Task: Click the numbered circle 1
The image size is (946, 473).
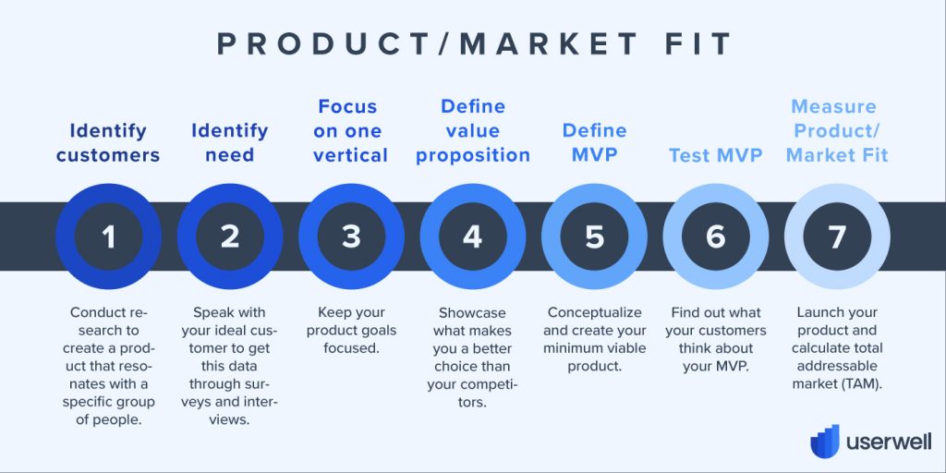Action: [x=109, y=236]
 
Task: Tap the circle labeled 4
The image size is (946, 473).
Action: [x=473, y=236]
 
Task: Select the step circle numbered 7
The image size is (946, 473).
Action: [x=837, y=236]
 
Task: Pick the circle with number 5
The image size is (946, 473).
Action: [x=594, y=236]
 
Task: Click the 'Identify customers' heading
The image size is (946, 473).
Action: [x=109, y=143]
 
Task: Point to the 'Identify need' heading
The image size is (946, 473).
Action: [x=230, y=143]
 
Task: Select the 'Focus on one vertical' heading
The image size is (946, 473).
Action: [x=350, y=131]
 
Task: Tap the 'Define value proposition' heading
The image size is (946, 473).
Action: [x=473, y=131]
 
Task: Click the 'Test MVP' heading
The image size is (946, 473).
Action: [x=716, y=155]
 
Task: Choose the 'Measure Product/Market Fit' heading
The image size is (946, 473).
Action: [x=837, y=131]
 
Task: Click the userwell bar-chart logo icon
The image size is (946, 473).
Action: [x=825, y=442]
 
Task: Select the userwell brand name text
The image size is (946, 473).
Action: [x=889, y=443]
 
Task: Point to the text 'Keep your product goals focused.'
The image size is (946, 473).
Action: [x=350, y=330]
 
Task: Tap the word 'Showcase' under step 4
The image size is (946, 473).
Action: [x=472, y=312]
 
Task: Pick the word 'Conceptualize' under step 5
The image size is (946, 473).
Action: [x=594, y=312]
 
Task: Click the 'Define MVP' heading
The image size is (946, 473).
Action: [x=594, y=143]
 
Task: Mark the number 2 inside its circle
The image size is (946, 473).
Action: [x=230, y=236]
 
